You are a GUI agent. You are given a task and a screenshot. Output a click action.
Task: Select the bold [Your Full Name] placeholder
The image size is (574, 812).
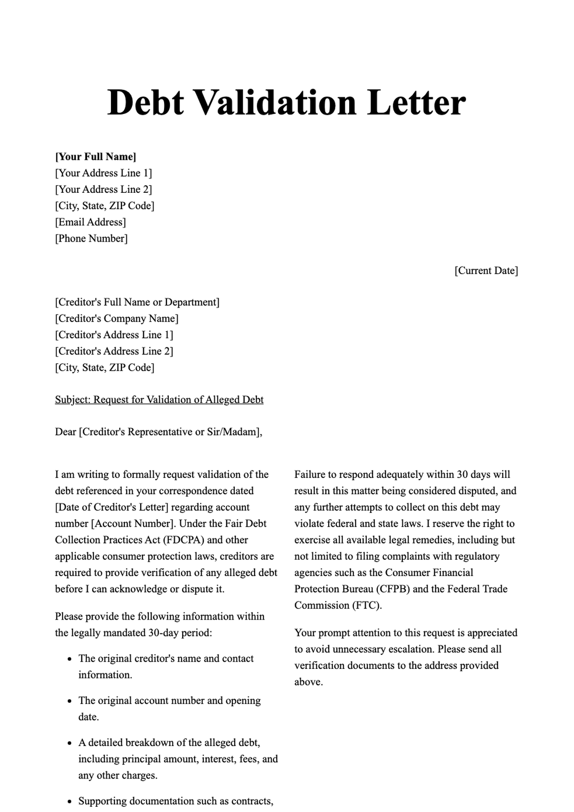tap(96, 157)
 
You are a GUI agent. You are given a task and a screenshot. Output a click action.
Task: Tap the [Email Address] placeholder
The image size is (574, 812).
tap(90, 222)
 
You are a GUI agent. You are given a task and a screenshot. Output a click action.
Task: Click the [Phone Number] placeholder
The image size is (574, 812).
tap(91, 238)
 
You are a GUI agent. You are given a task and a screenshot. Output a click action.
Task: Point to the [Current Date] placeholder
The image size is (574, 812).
tap(486, 271)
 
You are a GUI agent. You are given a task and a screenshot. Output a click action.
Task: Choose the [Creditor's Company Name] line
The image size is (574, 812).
tap(117, 319)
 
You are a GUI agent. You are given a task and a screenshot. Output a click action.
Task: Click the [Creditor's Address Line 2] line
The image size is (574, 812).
tap(114, 351)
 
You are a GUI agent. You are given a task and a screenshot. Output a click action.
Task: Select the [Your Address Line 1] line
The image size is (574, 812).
tap(103, 173)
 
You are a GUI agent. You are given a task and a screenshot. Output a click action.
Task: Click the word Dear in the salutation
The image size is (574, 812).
tap(66, 432)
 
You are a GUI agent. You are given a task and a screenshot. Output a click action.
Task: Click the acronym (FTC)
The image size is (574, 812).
tap(367, 605)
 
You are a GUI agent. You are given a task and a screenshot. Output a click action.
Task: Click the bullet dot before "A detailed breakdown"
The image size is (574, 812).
tap(69, 743)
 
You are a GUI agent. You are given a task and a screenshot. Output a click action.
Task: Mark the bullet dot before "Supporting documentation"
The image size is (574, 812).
tap(69, 801)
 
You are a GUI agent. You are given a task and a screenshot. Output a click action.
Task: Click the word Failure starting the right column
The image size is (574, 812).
tap(310, 475)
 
